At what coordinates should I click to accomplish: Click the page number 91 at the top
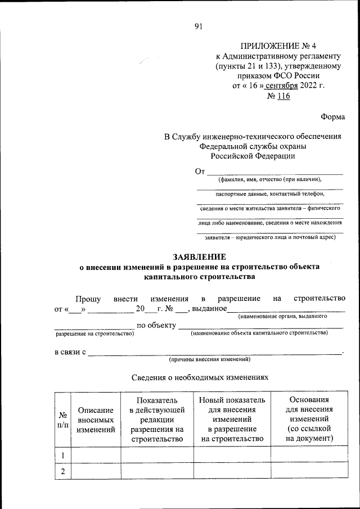[x=197, y=25]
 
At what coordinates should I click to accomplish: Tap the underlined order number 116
[x=283, y=96]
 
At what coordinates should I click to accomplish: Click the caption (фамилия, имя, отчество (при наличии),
[x=269, y=180]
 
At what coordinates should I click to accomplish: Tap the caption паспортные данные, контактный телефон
[x=269, y=194]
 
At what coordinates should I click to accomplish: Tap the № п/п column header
[x=63, y=420]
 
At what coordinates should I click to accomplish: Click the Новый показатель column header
[x=232, y=420]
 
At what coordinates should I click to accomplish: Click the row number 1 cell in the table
[x=63, y=454]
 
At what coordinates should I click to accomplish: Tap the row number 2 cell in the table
[x=63, y=471]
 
